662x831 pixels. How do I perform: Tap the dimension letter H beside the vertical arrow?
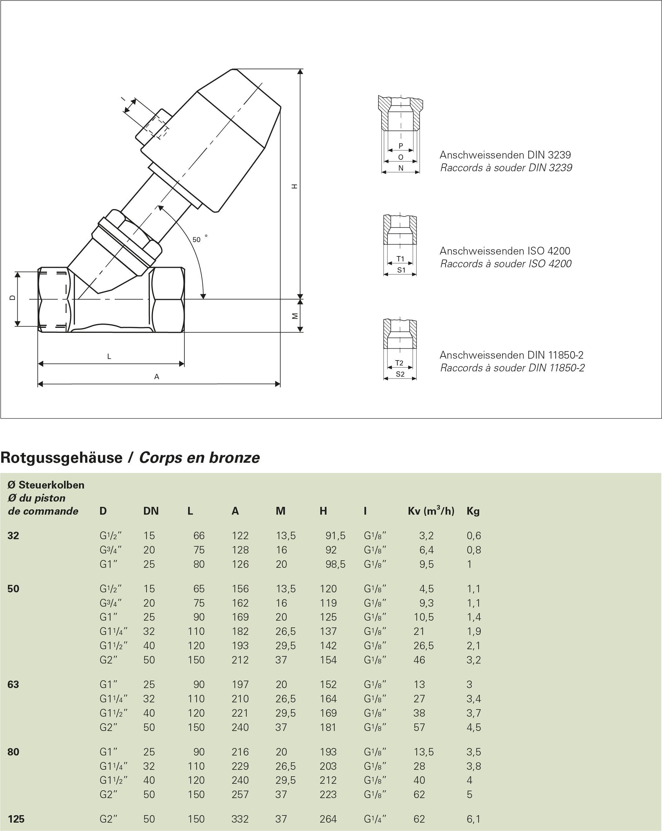click(294, 186)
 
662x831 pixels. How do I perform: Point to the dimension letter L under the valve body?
click(109, 356)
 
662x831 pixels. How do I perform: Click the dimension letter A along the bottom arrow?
click(156, 377)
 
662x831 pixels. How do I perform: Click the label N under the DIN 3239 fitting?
click(400, 168)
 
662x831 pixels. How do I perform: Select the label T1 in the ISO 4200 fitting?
click(400, 259)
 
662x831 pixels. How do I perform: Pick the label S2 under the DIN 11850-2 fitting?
click(400, 374)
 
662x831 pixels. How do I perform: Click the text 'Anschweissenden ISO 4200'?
click(505, 251)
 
